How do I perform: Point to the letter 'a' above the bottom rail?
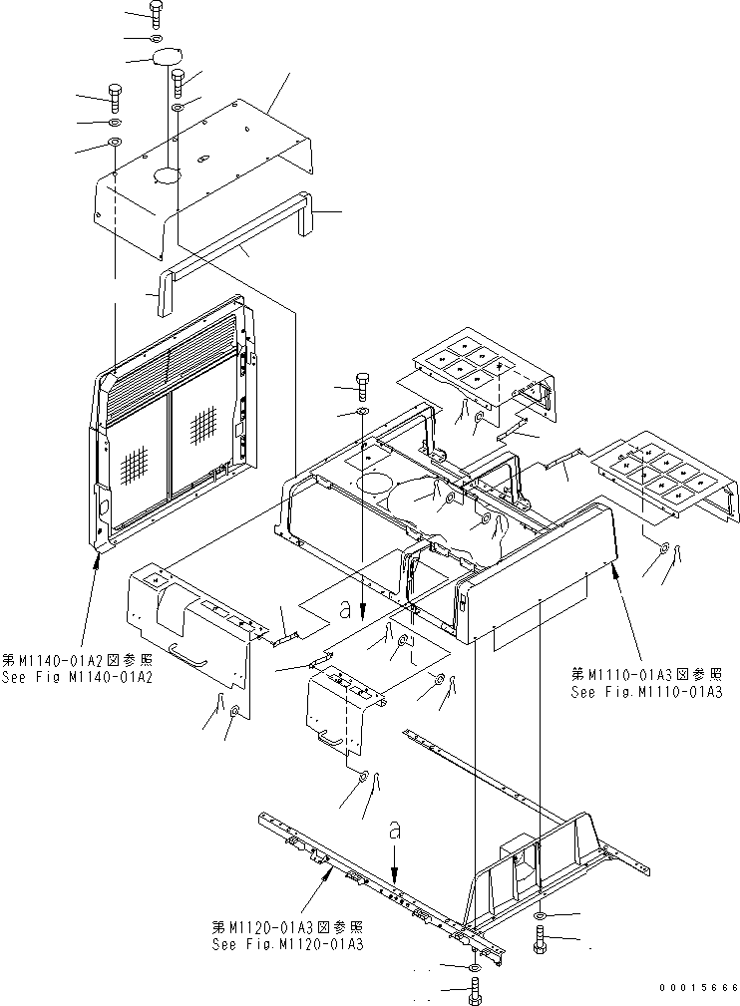point(396,829)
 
